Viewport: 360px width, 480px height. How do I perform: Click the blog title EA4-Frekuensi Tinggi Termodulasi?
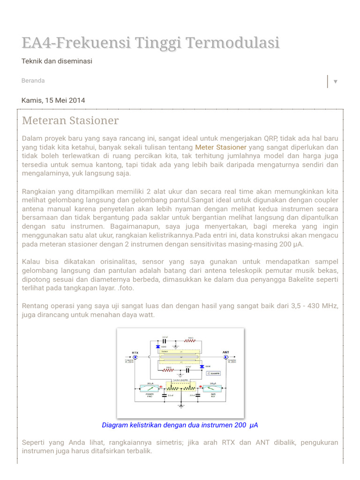tap(150, 43)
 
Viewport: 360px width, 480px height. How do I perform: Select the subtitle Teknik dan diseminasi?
tap(57, 61)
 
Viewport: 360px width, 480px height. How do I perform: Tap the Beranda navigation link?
tap(33, 81)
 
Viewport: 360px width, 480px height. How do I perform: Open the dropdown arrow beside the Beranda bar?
tap(335, 82)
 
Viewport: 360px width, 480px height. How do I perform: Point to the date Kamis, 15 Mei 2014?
tap(53, 100)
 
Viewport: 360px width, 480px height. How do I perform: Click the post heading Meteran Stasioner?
tap(70, 120)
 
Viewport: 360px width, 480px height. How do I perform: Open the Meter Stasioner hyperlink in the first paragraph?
tap(220, 147)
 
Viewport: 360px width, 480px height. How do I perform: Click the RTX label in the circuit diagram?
tap(135, 352)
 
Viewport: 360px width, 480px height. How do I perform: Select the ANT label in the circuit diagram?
tap(225, 352)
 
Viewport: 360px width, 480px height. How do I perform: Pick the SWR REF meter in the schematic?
tap(212, 389)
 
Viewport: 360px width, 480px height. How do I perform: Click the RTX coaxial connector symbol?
tap(135, 357)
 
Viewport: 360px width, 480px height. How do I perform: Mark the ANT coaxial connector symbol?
tap(226, 357)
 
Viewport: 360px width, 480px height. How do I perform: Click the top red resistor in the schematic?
tap(190, 341)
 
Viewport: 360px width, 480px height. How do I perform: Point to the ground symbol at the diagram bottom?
tap(180, 406)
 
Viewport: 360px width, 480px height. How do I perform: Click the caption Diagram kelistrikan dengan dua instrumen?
tap(180, 425)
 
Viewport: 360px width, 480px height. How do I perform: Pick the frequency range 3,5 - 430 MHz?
tap(310, 306)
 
